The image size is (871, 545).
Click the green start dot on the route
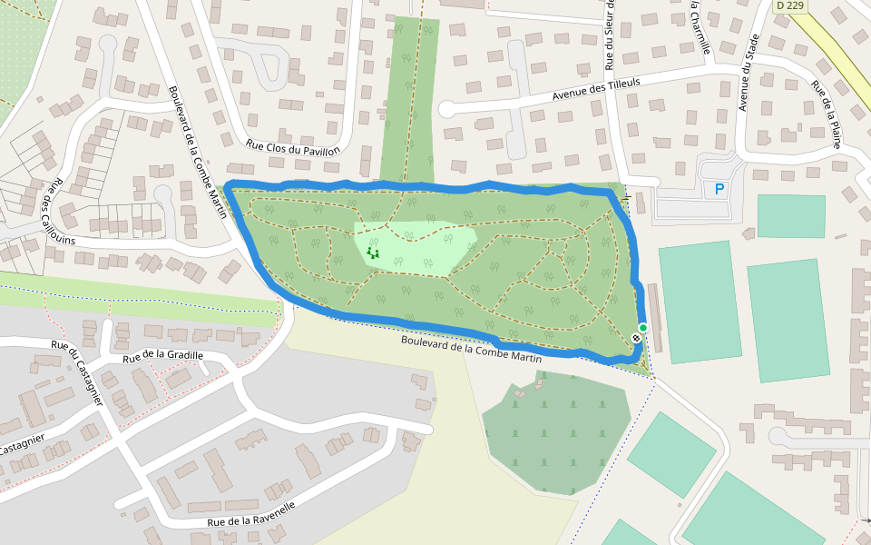click(x=643, y=328)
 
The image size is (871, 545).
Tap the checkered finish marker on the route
click(x=636, y=338)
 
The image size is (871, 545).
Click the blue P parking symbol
click(x=719, y=189)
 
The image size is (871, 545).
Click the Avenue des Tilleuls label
click(x=596, y=89)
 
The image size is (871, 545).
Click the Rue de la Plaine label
click(x=827, y=114)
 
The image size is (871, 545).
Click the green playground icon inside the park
click(x=372, y=253)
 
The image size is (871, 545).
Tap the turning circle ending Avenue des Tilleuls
click(x=446, y=109)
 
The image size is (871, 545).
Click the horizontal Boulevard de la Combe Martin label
click(x=472, y=350)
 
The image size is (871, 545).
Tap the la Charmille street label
click(x=699, y=27)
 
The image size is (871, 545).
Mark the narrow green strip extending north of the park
click(x=410, y=100)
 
